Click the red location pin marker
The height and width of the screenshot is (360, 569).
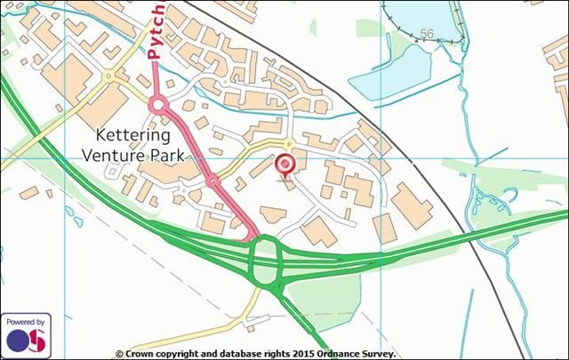(284, 165)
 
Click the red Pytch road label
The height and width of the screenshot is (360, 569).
(156, 32)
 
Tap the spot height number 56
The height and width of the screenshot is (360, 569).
(427, 34)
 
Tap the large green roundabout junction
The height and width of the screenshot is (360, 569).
(266, 261)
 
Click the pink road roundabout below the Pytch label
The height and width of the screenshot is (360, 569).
(158, 107)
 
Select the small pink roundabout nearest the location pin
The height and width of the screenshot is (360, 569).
(212, 181)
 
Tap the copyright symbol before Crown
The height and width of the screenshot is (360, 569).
(119, 353)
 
